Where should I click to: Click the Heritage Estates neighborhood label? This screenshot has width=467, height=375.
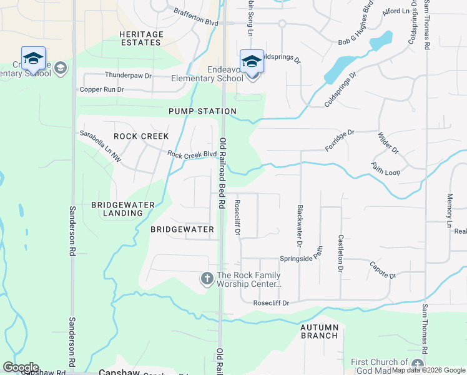coord(142,38)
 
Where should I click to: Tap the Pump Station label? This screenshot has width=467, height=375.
coord(202,111)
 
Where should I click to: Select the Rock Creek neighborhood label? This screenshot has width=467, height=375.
coord(141,136)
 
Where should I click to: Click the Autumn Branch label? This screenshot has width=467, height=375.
coord(319,331)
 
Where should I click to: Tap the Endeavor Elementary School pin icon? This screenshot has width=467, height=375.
coord(252,62)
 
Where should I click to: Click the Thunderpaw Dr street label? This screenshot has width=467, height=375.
coord(128,75)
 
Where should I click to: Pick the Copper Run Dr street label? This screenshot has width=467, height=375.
coord(102,90)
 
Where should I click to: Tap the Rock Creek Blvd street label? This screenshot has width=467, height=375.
coord(192,154)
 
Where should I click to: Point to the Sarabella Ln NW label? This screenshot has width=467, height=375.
coord(100,146)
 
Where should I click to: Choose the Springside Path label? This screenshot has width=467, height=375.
coord(302,256)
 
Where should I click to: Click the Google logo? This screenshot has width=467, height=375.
coord(21,367)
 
